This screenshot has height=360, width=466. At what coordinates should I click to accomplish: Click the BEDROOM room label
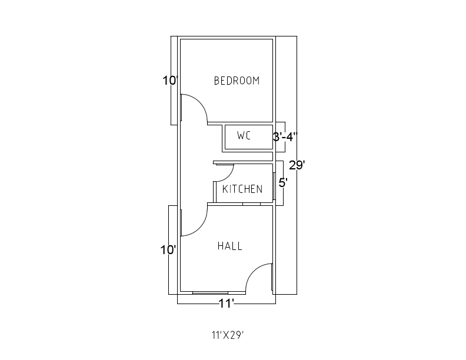pos(237,81)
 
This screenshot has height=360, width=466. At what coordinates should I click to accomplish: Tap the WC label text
pos(244,136)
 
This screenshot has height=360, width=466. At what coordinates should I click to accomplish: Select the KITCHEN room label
pos(242,189)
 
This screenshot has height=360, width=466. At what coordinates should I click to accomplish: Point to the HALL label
pos(230,246)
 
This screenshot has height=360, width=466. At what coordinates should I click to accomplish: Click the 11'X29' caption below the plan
pos(228,336)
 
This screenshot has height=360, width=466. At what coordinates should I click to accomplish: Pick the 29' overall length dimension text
pos(297,165)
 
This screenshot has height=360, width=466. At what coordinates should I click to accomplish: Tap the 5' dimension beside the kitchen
pos(282,183)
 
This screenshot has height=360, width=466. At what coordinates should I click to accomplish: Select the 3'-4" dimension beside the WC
pos(285,136)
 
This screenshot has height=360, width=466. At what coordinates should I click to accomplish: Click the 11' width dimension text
pos(227,304)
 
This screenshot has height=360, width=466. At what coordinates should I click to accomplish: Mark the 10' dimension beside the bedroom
pos(169,81)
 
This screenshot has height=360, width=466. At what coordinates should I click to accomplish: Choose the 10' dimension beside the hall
pos(168,250)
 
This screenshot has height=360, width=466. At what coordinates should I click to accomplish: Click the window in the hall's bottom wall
pos(210,292)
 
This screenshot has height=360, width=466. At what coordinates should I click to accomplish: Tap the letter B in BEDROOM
pos(217,81)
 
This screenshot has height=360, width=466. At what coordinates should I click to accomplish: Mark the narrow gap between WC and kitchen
pos(242,157)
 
